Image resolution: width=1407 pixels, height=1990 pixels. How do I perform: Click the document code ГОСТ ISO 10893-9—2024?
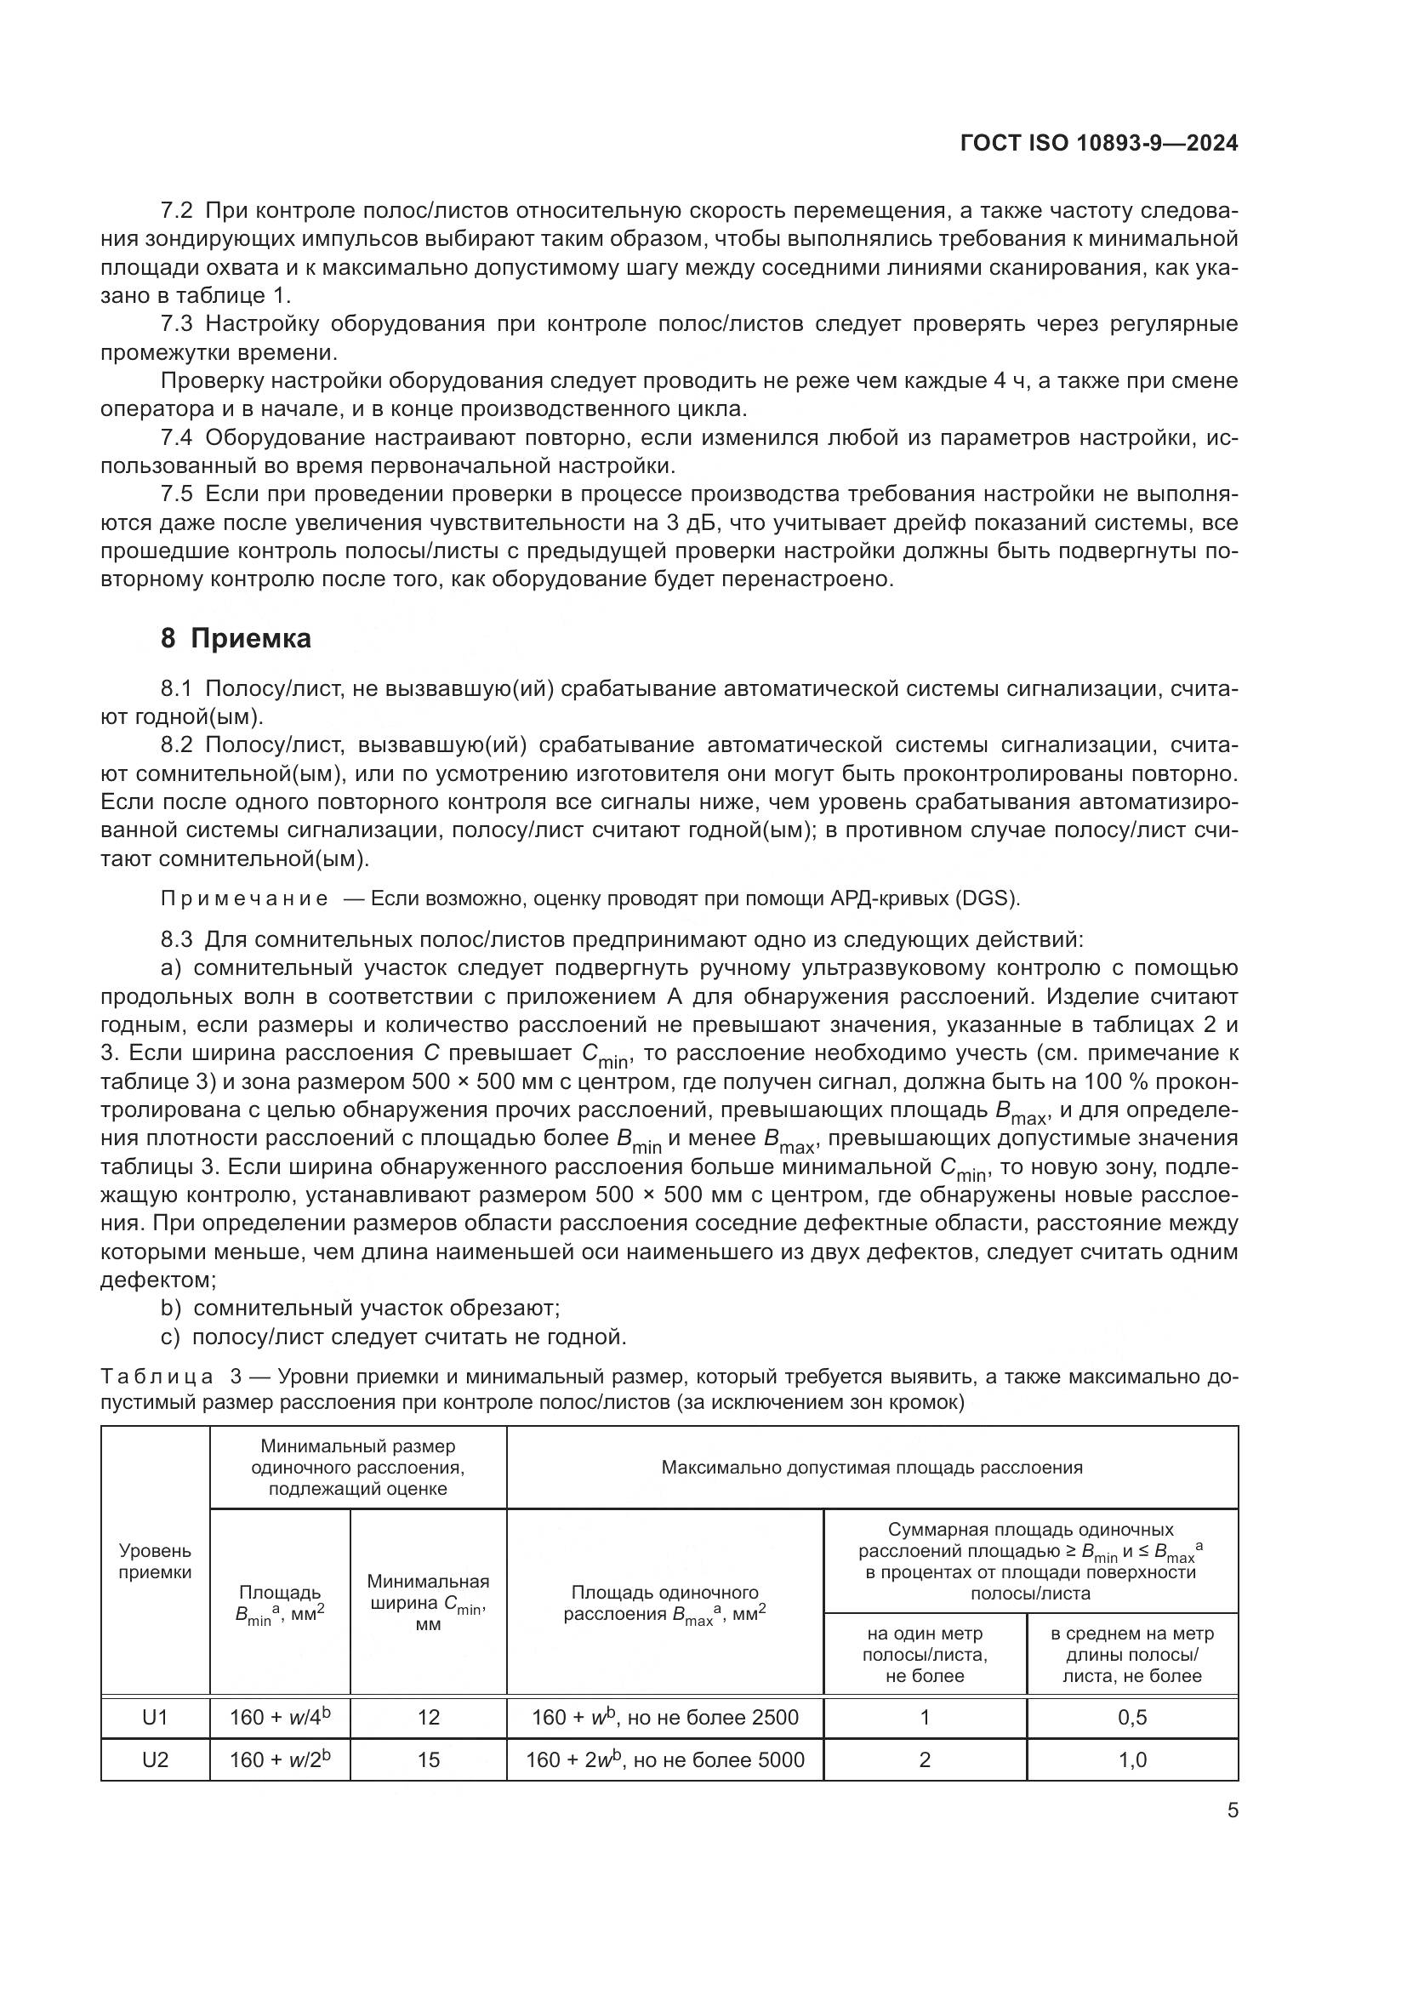[1098, 144]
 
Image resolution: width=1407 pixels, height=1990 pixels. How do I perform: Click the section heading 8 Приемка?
[236, 639]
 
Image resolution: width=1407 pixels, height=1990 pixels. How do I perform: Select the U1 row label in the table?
[155, 1717]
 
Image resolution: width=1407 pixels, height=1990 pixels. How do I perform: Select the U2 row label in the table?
[155, 1759]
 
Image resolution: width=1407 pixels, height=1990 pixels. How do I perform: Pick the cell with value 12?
[428, 1717]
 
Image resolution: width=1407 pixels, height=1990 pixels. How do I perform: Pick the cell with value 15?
[428, 1759]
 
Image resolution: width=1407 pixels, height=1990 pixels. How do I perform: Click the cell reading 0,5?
[1132, 1717]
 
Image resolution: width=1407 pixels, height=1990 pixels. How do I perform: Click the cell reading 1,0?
[1132, 1759]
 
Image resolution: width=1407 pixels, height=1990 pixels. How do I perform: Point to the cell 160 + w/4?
[280, 1717]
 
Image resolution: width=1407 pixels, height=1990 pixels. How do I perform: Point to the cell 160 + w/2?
[280, 1759]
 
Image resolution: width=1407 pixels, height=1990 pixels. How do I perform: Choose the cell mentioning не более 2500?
[664, 1717]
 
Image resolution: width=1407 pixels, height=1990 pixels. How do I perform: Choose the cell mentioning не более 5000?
[664, 1759]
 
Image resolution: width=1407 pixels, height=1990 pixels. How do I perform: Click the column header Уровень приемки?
[155, 1561]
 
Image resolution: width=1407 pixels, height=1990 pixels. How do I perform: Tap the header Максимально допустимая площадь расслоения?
[872, 1468]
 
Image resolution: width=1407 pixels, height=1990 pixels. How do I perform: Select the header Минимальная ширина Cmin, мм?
[428, 1602]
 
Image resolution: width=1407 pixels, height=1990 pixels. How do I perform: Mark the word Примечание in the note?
[244, 898]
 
